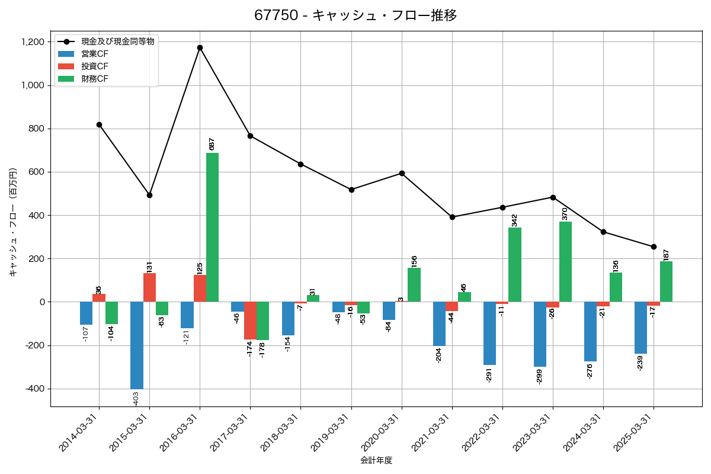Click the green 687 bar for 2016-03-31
pyautogui.click(x=212, y=228)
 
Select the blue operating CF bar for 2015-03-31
pyautogui.click(x=137, y=345)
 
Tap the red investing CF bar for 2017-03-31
pyautogui.click(x=250, y=321)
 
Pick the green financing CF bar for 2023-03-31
pyautogui.click(x=565, y=262)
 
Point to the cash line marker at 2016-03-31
pyautogui.click(x=200, y=47)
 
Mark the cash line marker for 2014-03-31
pyautogui.click(x=99, y=124)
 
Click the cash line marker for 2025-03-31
pyautogui.click(x=654, y=246)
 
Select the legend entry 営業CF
pyautogui.click(x=95, y=54)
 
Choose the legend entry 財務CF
pyautogui.click(x=95, y=78)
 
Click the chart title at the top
pyautogui.click(x=355, y=15)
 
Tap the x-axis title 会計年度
pyautogui.click(x=376, y=460)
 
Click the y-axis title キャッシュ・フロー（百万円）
pyautogui.click(x=13, y=222)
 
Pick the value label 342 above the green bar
pyautogui.click(x=514, y=220)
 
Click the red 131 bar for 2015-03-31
pyautogui.click(x=149, y=287)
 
